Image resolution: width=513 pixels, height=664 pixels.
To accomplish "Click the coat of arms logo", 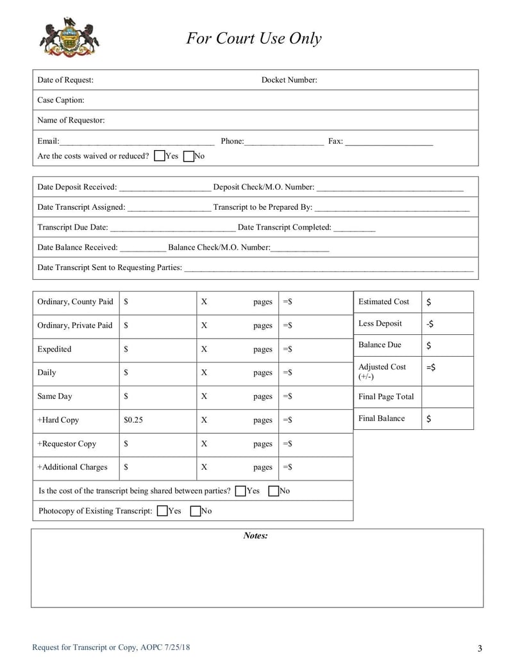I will (x=69, y=38).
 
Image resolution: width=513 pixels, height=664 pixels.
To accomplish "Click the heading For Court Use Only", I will (x=254, y=38).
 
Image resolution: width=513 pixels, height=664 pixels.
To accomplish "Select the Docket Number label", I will (x=289, y=80).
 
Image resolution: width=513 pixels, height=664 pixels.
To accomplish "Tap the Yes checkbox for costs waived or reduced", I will (x=160, y=156).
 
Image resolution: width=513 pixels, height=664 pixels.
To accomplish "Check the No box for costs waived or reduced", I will (x=189, y=156).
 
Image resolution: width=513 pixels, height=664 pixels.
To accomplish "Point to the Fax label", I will (x=335, y=141).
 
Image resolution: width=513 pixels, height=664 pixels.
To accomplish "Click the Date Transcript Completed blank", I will (x=354, y=228).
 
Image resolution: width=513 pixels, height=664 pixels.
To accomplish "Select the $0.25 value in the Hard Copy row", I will (x=133, y=420).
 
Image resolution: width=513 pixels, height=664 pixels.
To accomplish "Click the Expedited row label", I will (x=55, y=350).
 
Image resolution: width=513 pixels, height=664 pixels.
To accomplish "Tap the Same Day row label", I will (x=55, y=396).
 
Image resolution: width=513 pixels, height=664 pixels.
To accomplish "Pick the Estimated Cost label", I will (x=383, y=302).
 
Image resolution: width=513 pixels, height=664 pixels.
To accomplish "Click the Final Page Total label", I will (x=386, y=396).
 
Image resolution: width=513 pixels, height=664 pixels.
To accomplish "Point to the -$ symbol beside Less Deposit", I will (x=430, y=324).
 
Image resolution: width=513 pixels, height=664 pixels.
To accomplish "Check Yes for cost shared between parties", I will (x=241, y=491).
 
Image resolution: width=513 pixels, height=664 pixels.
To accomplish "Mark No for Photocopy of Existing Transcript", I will (x=196, y=511).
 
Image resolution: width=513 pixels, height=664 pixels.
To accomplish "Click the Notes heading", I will (x=255, y=536).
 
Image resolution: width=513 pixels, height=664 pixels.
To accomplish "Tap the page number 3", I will (x=480, y=647).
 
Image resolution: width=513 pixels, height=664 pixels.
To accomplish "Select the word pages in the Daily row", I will (x=262, y=373).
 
